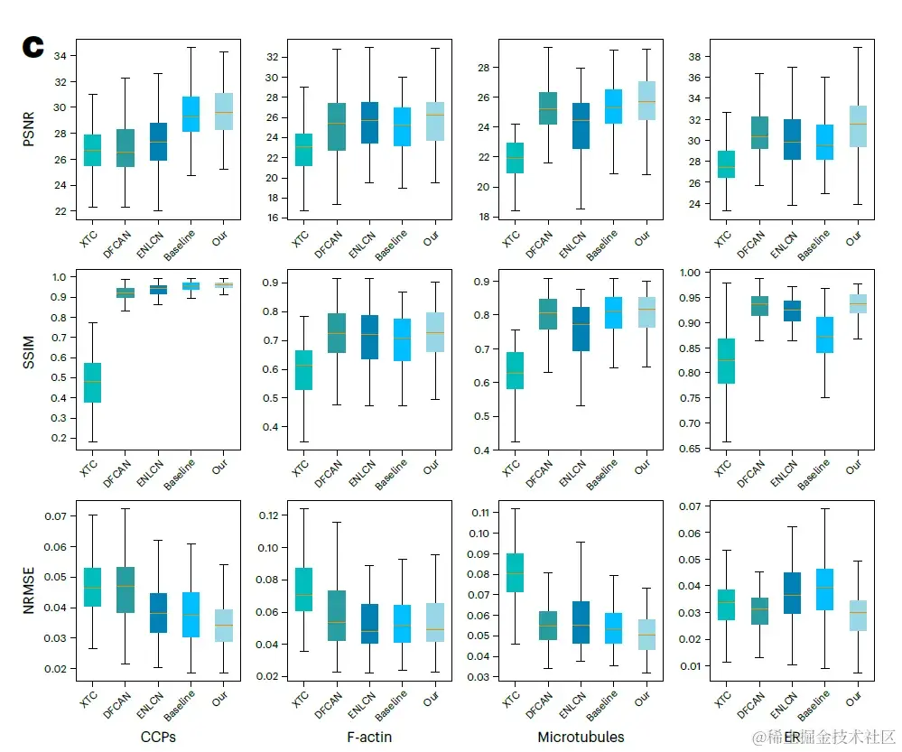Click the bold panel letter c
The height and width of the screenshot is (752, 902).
33,48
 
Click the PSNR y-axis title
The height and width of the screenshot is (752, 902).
28,130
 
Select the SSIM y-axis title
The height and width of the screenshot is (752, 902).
28,358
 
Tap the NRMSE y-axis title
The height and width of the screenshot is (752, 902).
28,590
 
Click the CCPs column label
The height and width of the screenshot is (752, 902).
158,738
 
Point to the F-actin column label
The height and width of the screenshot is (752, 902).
369,738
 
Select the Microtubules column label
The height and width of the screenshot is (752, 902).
581,738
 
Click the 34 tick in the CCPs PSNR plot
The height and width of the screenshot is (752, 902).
60,55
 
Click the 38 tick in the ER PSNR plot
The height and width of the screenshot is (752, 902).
693,56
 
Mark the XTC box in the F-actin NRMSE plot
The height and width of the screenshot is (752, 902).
303,590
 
